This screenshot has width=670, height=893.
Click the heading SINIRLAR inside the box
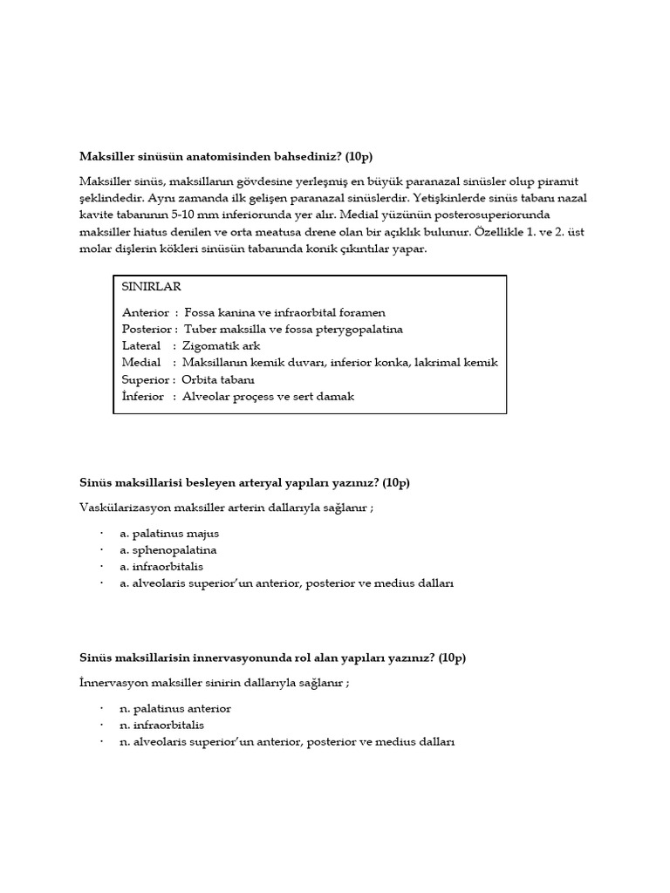[x=153, y=287]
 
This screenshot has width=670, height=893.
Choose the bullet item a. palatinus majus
[x=170, y=533]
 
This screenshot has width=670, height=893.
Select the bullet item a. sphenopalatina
[x=168, y=549]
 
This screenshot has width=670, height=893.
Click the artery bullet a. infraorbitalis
[x=162, y=566]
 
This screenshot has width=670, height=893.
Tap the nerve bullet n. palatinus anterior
[x=175, y=708]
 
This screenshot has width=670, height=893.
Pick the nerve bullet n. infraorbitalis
[x=162, y=725]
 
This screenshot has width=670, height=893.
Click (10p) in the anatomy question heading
[x=358, y=156]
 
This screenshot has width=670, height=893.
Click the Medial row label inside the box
[x=142, y=362]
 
